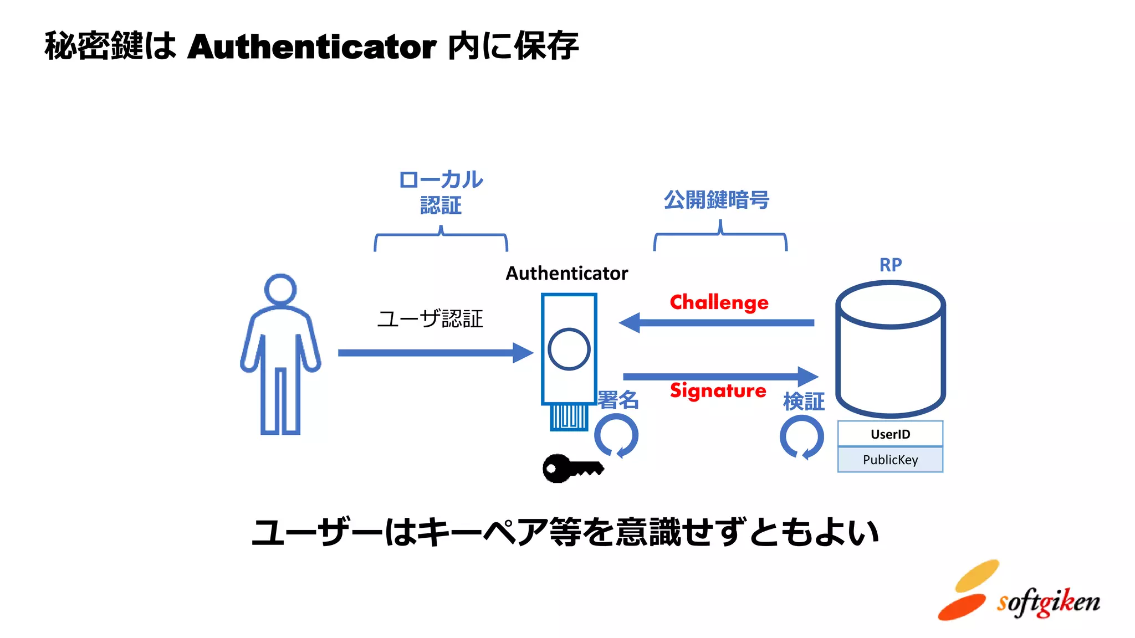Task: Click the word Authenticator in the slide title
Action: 311,47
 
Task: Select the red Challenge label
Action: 719,302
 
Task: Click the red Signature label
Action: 718,391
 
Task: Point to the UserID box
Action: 890,434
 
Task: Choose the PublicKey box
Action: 890,460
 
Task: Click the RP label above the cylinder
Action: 890,265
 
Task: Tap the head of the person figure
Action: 280,289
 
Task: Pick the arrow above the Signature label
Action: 720,377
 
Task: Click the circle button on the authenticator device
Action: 569,349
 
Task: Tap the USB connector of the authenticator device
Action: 569,416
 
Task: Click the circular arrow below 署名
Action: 616,436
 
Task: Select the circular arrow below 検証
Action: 801,438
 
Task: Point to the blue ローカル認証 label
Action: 441,192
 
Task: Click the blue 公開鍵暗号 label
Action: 717,200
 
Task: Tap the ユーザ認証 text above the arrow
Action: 430,319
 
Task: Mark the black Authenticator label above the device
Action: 566,274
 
